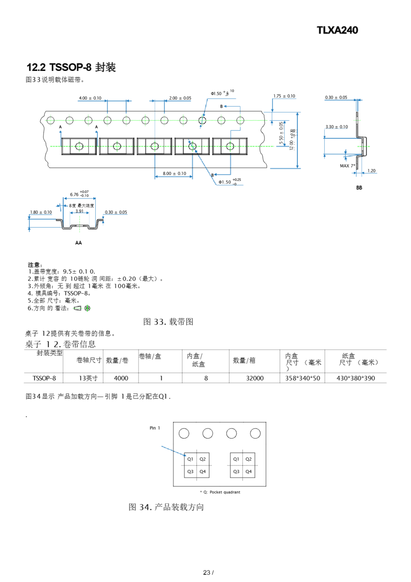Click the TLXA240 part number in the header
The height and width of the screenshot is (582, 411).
(337, 30)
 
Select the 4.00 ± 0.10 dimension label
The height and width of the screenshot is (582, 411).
(90, 98)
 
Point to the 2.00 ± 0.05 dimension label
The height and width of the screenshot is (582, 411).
(180, 98)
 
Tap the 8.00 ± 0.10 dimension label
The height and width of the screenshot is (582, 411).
(174, 173)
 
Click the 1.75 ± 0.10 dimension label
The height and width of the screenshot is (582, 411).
(284, 96)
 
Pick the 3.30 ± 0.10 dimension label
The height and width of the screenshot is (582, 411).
(336, 127)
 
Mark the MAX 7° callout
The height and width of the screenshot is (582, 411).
(347, 166)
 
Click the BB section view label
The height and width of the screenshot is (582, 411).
(359, 188)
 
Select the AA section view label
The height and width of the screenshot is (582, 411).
(79, 243)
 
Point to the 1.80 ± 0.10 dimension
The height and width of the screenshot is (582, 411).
(41, 212)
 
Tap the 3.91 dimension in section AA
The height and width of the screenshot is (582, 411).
(79, 211)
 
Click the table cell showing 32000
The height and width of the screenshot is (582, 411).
(255, 378)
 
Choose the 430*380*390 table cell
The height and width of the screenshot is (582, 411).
(355, 378)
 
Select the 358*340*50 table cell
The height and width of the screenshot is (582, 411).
(302, 378)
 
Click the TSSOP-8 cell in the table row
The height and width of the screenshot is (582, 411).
(44, 378)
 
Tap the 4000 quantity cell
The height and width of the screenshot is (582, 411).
(121, 378)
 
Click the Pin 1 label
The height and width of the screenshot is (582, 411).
(154, 428)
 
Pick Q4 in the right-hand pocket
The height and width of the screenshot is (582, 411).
(248, 472)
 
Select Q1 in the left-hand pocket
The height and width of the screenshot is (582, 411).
(190, 459)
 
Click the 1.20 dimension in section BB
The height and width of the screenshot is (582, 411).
(371, 171)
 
